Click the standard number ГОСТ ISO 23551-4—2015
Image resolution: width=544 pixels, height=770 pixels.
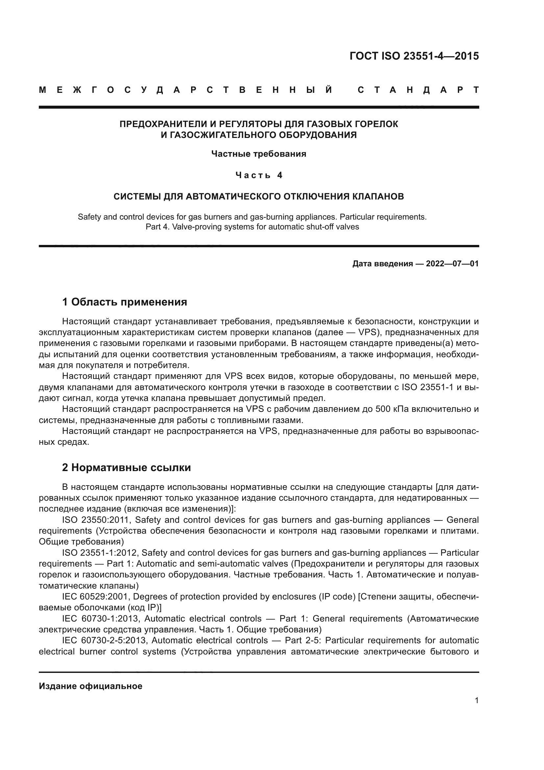click(x=414, y=56)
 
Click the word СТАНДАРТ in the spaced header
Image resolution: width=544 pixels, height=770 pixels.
click(x=418, y=90)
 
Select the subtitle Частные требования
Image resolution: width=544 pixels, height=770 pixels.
click(x=259, y=154)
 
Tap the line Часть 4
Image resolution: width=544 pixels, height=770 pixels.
click(x=259, y=175)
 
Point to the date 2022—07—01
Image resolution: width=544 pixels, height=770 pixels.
click(x=452, y=264)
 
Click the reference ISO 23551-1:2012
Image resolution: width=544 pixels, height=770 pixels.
click(x=99, y=553)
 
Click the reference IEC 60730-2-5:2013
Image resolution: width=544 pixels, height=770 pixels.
click(x=104, y=640)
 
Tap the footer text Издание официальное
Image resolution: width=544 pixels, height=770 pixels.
click(x=90, y=686)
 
